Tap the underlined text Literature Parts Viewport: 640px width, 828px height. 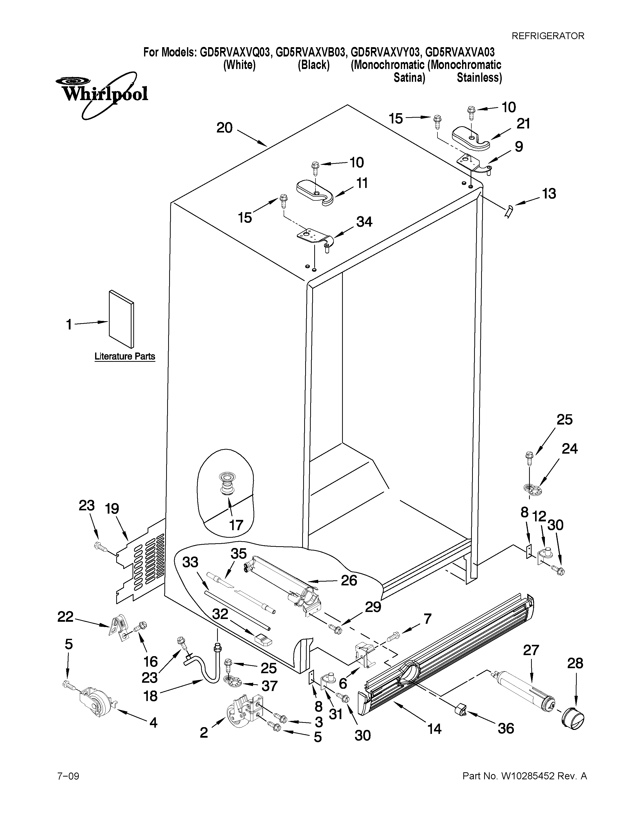[x=125, y=356]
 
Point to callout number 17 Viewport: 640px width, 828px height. [x=236, y=525]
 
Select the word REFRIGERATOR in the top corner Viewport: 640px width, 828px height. [x=548, y=36]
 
